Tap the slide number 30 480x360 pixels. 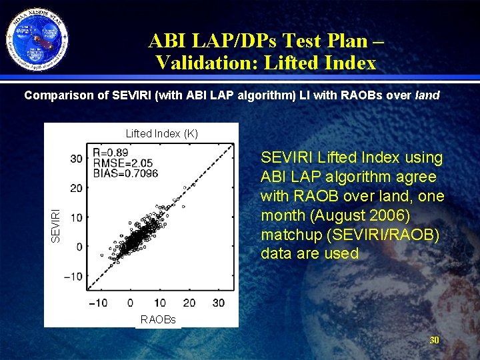434,341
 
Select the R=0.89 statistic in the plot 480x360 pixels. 111,152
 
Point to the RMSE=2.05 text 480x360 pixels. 123,163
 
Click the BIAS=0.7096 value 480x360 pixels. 125,173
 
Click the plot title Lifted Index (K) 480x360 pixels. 162,133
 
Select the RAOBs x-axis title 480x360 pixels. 158,320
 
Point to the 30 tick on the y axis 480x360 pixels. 77,159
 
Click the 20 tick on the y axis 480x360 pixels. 77,188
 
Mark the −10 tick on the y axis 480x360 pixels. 73,276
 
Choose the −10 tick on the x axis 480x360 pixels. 98,303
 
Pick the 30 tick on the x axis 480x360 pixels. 218,303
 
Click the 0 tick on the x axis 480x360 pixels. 129,303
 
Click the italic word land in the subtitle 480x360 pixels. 427,95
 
